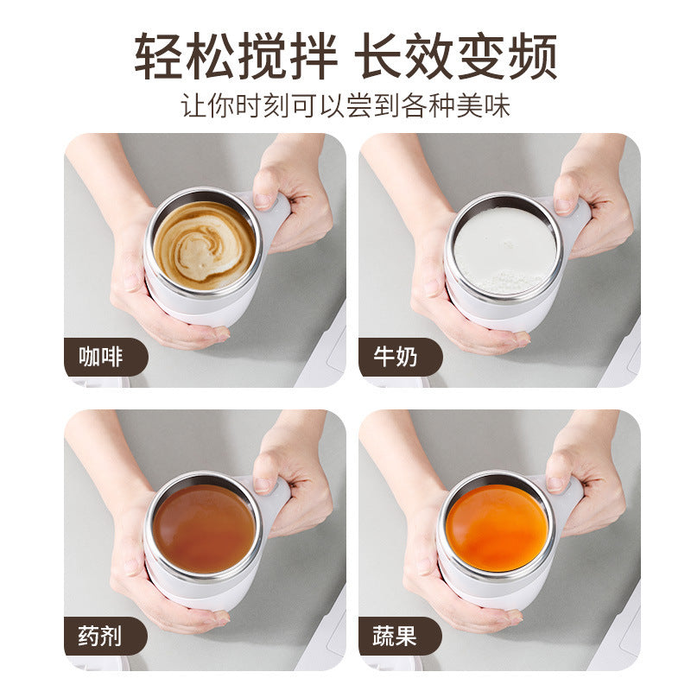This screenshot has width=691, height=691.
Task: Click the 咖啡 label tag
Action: point(101,356)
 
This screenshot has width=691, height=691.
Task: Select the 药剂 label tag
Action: point(101,637)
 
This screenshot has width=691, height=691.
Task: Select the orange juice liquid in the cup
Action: point(499,527)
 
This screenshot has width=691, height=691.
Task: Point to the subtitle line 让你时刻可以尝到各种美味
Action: point(345,105)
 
